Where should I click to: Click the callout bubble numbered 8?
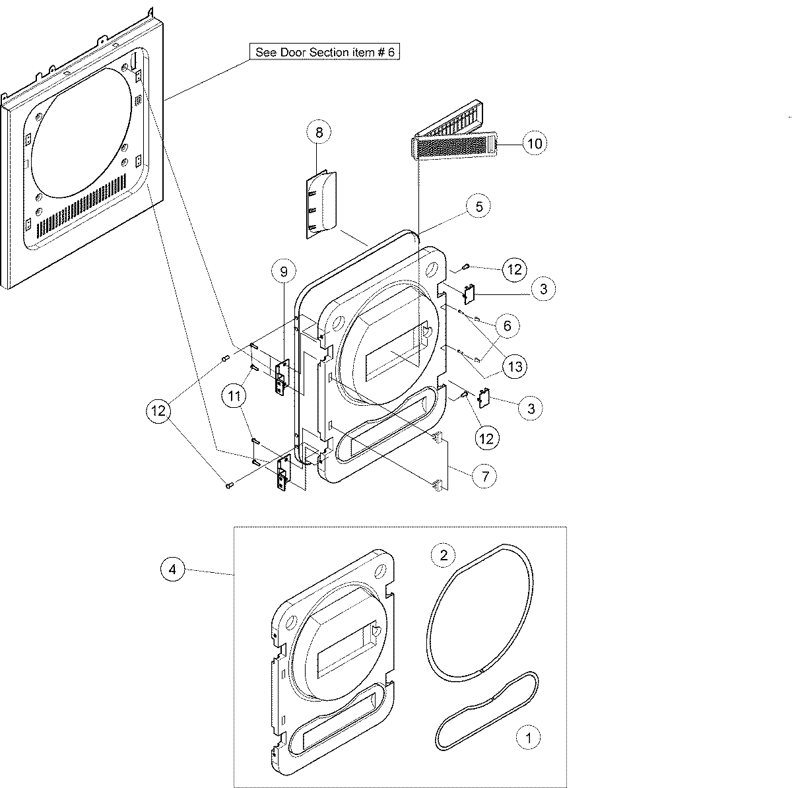(x=319, y=133)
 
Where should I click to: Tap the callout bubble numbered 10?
(x=535, y=143)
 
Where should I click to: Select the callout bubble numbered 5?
(x=478, y=207)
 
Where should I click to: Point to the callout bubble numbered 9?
(x=284, y=272)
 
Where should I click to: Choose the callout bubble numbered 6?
(x=507, y=326)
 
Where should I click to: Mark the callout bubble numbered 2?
(x=444, y=555)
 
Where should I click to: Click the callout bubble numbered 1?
(x=527, y=737)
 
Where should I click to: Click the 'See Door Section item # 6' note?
(x=325, y=52)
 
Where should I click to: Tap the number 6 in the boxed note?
(x=390, y=52)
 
